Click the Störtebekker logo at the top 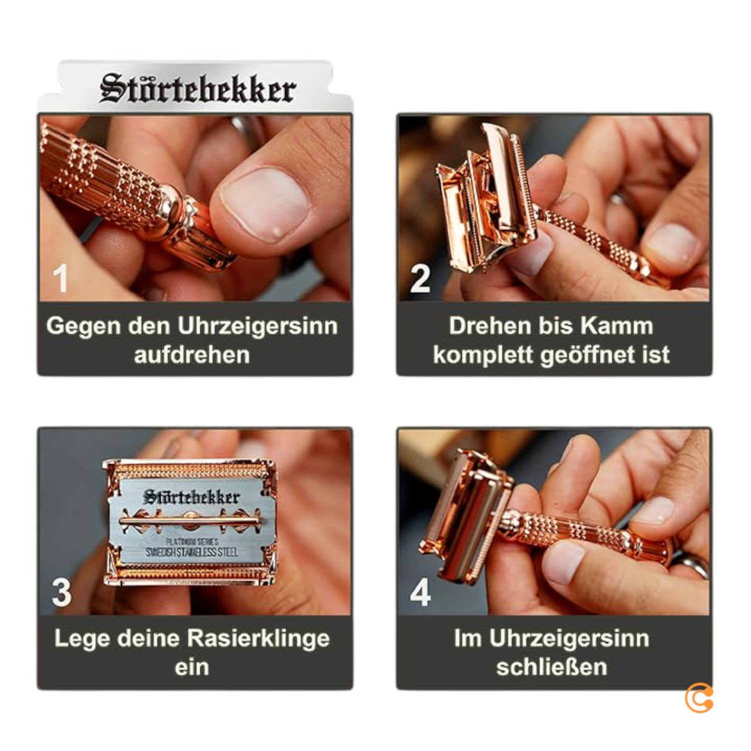tap(197, 89)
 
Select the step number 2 tap(420, 279)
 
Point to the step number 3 tap(62, 592)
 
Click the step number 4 tap(420, 592)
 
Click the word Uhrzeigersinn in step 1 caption tap(257, 326)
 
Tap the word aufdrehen tap(192, 354)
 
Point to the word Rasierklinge tap(258, 638)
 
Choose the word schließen tap(551, 667)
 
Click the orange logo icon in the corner tap(699, 697)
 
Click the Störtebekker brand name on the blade tap(191, 497)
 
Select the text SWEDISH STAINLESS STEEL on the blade tap(192, 552)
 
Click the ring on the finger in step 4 tap(690, 564)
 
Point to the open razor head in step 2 tap(481, 200)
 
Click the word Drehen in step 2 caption tap(483, 326)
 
